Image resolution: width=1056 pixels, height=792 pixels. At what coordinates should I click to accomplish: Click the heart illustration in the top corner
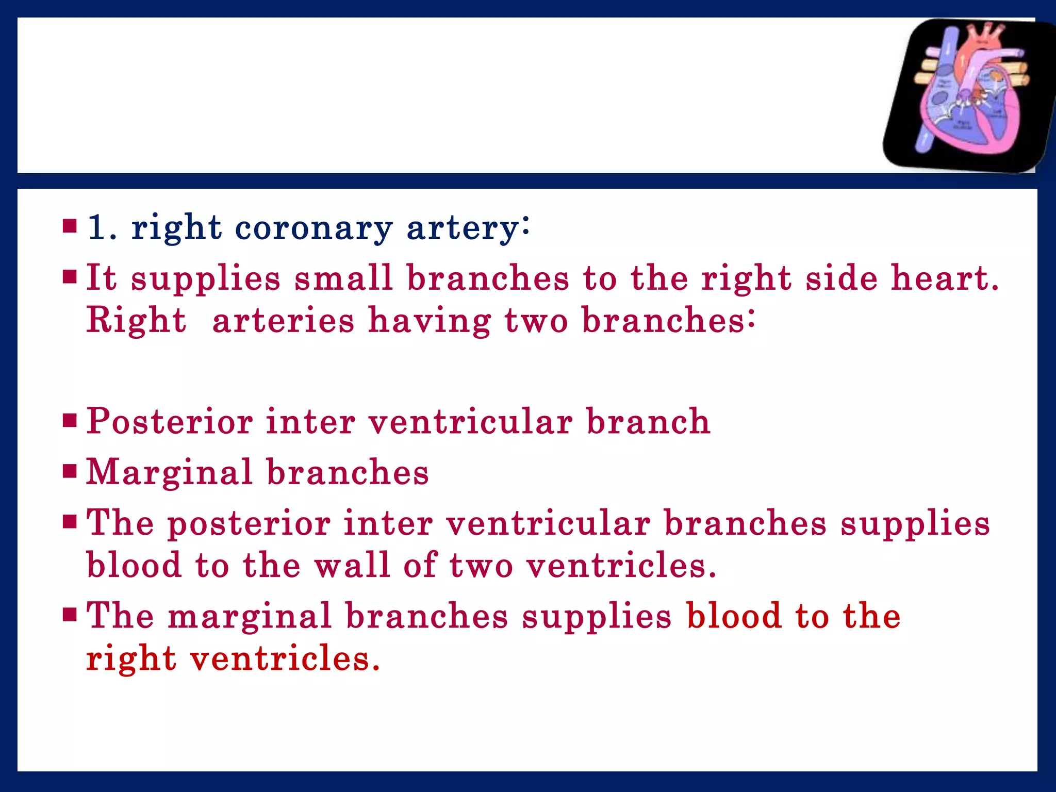(969, 95)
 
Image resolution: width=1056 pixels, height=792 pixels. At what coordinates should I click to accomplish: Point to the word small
(343, 278)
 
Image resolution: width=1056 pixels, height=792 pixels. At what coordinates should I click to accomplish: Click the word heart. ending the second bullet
(945, 278)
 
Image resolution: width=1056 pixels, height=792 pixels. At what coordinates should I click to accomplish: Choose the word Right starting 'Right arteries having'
(136, 320)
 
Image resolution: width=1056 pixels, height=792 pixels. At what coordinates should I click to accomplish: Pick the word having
(429, 321)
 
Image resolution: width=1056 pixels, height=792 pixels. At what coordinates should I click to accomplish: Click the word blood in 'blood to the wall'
(134, 565)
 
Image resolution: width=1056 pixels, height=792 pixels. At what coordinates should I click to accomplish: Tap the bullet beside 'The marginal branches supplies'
(69, 615)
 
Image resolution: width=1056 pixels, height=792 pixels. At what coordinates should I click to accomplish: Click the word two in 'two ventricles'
(481, 565)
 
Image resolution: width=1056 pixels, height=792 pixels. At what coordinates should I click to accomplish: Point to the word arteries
(283, 320)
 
